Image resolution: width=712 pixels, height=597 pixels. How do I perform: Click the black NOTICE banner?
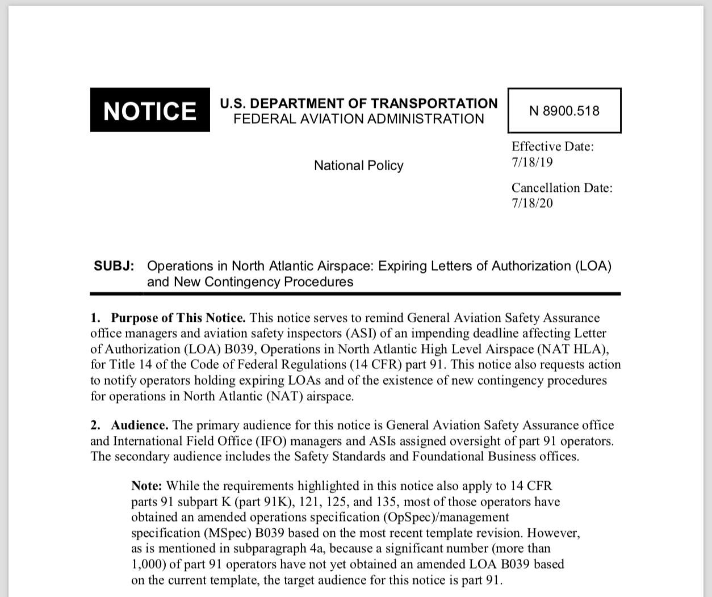click(150, 110)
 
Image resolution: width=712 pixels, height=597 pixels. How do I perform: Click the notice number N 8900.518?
click(564, 111)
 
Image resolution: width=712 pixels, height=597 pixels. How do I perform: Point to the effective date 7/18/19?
click(532, 162)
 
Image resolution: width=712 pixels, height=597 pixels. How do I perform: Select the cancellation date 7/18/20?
click(532, 203)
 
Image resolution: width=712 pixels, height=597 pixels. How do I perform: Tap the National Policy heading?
click(358, 166)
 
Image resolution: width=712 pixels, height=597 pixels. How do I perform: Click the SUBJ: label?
click(114, 266)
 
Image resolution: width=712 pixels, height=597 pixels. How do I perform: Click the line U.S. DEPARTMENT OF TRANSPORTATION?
click(358, 103)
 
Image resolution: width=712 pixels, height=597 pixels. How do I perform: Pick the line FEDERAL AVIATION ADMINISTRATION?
click(358, 119)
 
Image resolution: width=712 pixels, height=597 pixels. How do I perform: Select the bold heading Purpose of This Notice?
click(178, 318)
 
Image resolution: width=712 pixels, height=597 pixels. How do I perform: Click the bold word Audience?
click(139, 426)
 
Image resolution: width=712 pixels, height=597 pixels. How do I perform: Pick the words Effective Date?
click(552, 146)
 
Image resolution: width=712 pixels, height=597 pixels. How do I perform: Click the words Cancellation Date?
click(562, 188)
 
